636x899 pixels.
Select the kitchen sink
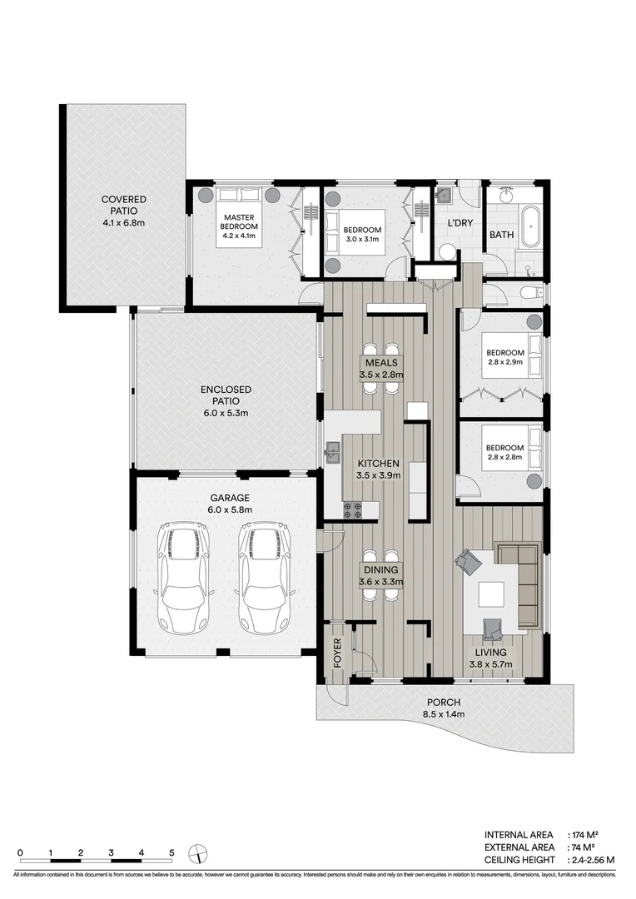coord(334,453)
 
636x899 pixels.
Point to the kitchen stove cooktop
coord(353,509)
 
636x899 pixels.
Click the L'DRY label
coord(461,224)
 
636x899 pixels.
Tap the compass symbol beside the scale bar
coord(198,854)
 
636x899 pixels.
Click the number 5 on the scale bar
coord(171,852)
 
